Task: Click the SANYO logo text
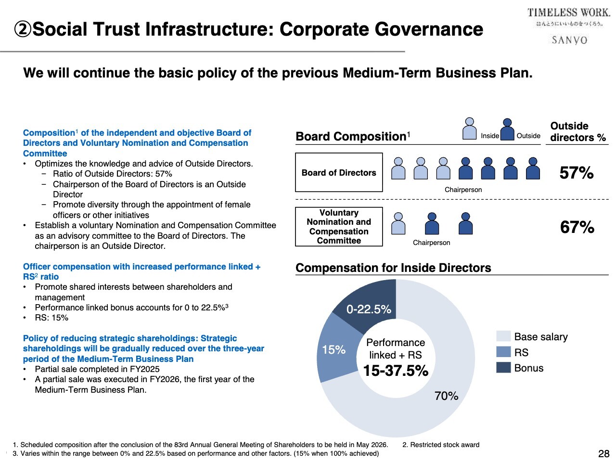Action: tap(569, 40)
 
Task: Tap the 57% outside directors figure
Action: tap(577, 173)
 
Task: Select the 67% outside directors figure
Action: tap(577, 227)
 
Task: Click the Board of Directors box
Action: tap(339, 173)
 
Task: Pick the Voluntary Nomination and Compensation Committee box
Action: tap(339, 227)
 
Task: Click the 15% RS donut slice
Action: tap(334, 350)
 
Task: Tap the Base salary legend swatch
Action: tap(503, 336)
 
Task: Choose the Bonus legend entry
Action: tap(528, 368)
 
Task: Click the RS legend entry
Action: tap(521, 352)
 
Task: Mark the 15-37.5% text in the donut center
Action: tap(396, 371)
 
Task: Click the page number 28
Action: tap(603, 453)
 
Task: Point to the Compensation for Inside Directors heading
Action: tap(393, 268)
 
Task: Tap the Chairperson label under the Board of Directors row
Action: tap(463, 190)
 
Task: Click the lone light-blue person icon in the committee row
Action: tap(398, 224)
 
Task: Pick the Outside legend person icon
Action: tap(507, 129)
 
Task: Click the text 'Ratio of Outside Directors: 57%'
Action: tap(112, 174)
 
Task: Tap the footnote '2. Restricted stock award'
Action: tap(441, 445)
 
